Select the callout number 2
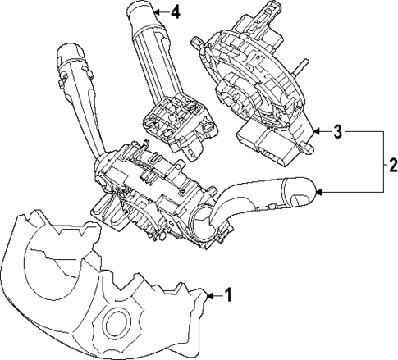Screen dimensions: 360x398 (391, 162)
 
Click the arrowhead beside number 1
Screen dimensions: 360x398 (208, 294)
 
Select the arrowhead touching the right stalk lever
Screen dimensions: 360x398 (318, 192)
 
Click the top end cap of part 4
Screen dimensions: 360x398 (146, 12)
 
